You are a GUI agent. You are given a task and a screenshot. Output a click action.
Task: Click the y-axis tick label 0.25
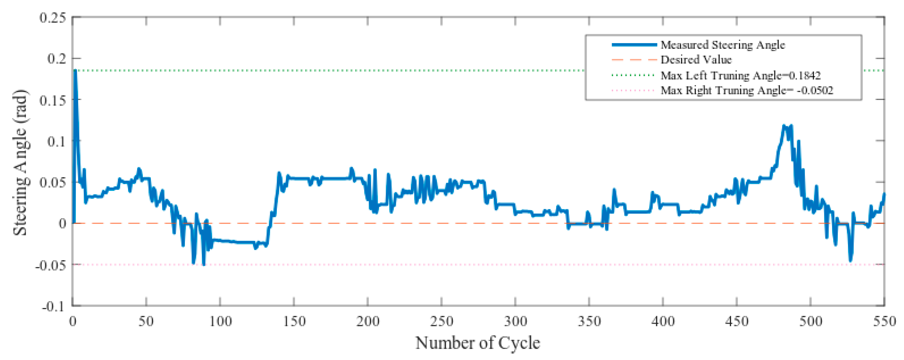53,18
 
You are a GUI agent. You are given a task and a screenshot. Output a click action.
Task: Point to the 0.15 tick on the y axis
53,100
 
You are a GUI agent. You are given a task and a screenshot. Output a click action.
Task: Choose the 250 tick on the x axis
441,321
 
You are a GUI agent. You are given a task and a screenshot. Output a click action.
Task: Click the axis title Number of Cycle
478,343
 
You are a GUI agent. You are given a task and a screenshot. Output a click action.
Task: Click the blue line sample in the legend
634,45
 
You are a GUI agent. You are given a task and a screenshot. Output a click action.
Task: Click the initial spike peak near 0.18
75,71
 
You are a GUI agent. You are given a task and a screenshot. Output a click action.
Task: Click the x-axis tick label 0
73,321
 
